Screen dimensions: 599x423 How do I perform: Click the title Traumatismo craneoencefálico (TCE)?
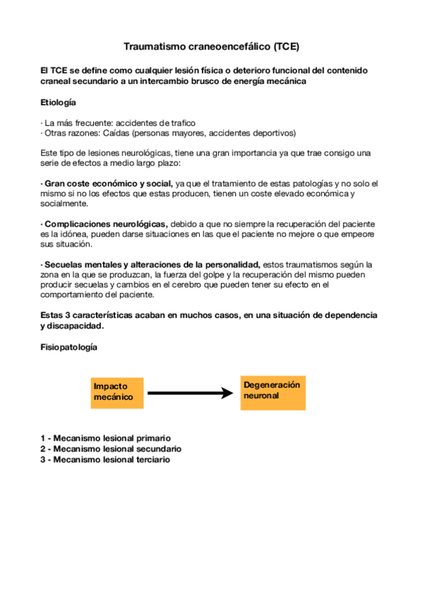pos(211,47)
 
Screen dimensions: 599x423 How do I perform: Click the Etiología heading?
pos(59,102)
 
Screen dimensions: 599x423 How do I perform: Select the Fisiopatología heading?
pos(68,348)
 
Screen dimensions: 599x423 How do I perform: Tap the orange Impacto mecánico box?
pos(117,393)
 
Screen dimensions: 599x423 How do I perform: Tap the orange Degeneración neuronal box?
pos(273,392)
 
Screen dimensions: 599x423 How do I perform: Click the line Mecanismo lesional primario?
pos(105,438)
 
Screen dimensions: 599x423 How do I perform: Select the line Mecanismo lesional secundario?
pos(111,449)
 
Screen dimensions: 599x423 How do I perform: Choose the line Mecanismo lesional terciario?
pos(106,459)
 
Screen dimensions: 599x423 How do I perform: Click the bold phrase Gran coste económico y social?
pos(109,184)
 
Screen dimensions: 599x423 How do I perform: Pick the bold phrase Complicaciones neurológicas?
pos(106,224)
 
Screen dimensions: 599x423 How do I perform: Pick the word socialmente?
pos(64,203)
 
